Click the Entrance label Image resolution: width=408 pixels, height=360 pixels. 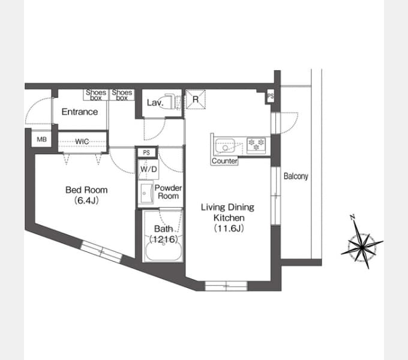[80, 112]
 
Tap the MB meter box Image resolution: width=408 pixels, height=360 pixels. [41, 139]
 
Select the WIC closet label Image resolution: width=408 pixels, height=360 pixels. [82, 142]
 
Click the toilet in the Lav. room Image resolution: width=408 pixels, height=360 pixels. [170, 102]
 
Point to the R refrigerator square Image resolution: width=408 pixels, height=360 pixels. [196, 99]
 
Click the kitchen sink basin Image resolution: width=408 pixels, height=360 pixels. [225, 145]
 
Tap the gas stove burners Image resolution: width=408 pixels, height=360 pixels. [256, 145]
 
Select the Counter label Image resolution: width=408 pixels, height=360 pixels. [224, 161]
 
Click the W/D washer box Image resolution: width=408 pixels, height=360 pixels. [149, 169]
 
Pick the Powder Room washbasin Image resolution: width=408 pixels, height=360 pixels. [147, 193]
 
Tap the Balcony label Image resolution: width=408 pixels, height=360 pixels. [296, 176]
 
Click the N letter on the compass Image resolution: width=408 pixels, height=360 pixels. [353, 217]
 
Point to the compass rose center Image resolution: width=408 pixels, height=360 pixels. [362, 247]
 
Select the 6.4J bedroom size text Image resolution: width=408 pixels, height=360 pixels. [86, 200]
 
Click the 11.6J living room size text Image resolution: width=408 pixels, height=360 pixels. [229, 229]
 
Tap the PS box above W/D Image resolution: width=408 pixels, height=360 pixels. [146, 152]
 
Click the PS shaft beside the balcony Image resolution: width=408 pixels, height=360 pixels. [271, 96]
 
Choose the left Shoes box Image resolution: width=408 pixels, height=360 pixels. [96, 95]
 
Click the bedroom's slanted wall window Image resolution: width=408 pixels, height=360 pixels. [101, 251]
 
